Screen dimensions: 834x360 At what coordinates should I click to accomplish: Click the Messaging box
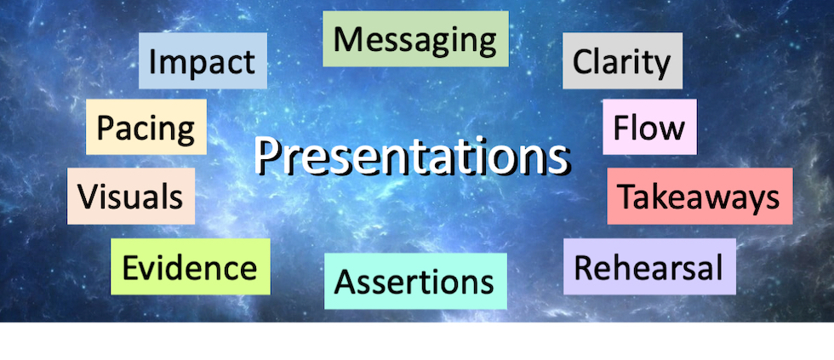415,39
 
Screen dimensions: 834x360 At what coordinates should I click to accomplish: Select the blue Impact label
203,60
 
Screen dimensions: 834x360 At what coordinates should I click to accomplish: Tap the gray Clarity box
622,60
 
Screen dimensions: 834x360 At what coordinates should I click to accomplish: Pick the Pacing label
146,127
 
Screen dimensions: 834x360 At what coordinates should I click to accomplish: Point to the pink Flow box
649,127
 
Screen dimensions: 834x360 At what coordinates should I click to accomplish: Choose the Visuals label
131,197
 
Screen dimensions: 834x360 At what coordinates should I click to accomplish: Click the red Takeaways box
700,197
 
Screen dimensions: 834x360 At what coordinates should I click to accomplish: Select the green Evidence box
191,266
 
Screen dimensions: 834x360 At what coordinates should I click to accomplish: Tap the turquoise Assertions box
415,281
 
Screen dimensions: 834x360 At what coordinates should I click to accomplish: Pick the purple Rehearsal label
649,266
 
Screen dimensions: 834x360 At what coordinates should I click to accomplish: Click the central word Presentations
410,156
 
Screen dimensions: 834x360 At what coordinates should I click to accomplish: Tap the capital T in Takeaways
627,196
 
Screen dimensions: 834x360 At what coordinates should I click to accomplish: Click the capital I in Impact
152,61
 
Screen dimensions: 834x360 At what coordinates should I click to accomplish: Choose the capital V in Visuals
88,196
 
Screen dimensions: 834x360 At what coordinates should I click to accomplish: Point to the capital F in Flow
620,127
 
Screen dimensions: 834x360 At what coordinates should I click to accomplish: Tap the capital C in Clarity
582,61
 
